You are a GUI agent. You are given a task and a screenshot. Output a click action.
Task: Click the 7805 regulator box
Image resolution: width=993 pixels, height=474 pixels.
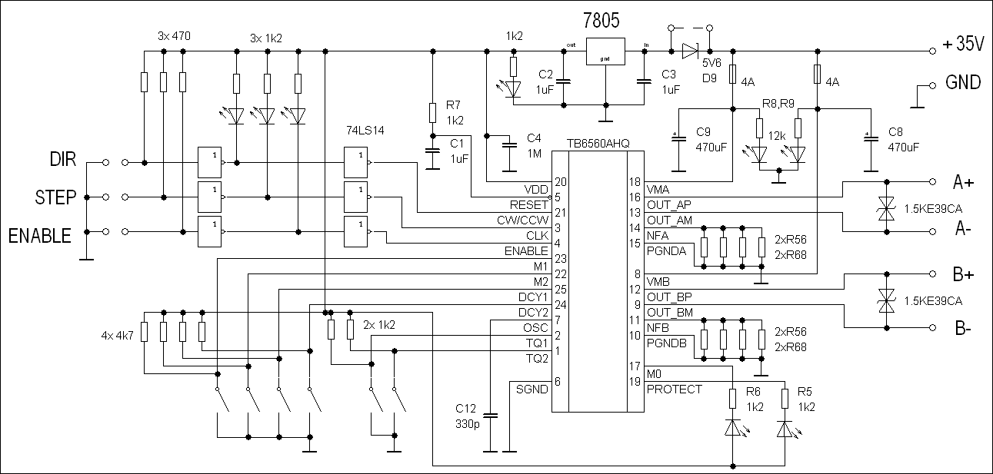tap(605, 51)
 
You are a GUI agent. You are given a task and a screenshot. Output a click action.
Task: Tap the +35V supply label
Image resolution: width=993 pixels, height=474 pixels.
tap(963, 44)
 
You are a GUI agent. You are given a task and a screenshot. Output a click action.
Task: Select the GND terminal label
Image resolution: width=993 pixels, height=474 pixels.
tap(963, 82)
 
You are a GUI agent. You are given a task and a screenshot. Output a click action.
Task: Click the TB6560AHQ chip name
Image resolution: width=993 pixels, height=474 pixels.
tap(598, 144)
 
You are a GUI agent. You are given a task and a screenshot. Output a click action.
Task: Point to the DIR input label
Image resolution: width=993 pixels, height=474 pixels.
tap(62, 159)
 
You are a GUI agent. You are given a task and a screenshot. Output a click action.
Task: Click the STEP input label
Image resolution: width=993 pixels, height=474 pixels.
tap(55, 197)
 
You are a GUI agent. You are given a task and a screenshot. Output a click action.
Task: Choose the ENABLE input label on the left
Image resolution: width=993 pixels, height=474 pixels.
tap(39, 236)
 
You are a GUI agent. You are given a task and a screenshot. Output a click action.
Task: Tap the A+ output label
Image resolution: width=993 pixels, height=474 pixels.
tap(963, 182)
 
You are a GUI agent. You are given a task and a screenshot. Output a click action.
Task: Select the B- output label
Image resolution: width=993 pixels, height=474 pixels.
tap(963, 328)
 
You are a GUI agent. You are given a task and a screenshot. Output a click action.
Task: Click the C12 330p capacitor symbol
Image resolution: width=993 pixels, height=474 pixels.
tap(490, 416)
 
